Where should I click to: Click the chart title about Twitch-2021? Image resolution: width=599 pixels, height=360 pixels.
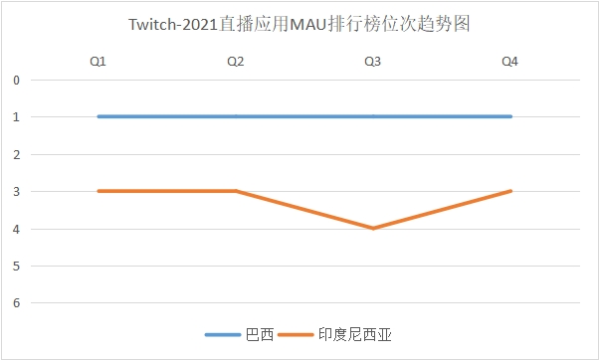click(299, 24)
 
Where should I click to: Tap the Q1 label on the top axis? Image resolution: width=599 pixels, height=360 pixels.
click(99, 62)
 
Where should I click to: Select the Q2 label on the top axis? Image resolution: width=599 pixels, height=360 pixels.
click(236, 62)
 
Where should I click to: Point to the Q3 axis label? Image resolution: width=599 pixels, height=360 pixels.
click(373, 62)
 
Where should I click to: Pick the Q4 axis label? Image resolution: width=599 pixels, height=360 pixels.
click(510, 62)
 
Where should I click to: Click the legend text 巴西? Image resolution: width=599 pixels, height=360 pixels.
click(259, 335)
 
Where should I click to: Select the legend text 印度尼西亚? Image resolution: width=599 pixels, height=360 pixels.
click(353, 335)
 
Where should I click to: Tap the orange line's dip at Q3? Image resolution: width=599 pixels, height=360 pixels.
click(373, 228)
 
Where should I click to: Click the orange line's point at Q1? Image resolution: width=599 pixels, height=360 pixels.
click(99, 191)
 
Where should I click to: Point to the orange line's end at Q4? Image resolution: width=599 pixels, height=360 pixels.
click(510, 191)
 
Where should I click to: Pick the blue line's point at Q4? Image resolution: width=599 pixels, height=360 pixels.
click(510, 116)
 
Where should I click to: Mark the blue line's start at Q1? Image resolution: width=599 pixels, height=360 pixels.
click(99, 116)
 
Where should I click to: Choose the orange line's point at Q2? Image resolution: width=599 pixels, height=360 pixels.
click(236, 191)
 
